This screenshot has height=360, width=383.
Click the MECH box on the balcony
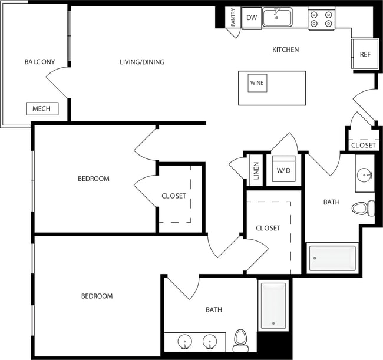pyautogui.click(x=42, y=108)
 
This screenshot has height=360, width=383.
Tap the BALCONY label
pyautogui.click(x=39, y=62)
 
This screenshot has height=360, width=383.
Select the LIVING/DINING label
pyautogui.click(x=142, y=62)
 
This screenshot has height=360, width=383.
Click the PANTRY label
pyautogui.click(x=234, y=17)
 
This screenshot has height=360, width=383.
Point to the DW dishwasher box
pyautogui.click(x=252, y=18)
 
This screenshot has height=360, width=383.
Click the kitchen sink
pyautogui.click(x=278, y=18)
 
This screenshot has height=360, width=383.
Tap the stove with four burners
pyautogui.click(x=321, y=19)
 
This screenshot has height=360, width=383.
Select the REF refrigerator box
pyautogui.click(x=365, y=55)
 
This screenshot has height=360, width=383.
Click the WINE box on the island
pyautogui.click(x=257, y=83)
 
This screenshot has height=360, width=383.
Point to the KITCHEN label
pyautogui.click(x=285, y=50)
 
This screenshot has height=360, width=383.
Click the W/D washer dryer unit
pyautogui.click(x=283, y=170)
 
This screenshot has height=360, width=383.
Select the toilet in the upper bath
pyautogui.click(x=362, y=208)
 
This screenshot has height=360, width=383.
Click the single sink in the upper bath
pyautogui.click(x=364, y=174)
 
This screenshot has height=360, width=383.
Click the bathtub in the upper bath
pyautogui.click(x=332, y=258)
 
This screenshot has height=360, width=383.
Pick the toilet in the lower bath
pyautogui.click(x=240, y=339)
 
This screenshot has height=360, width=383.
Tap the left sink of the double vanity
pyautogui.click(x=186, y=342)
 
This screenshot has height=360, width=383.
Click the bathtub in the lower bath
pyautogui.click(x=273, y=306)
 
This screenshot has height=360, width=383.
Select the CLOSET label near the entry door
pyautogui.click(x=363, y=145)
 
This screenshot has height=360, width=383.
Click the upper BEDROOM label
pyautogui.click(x=94, y=179)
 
